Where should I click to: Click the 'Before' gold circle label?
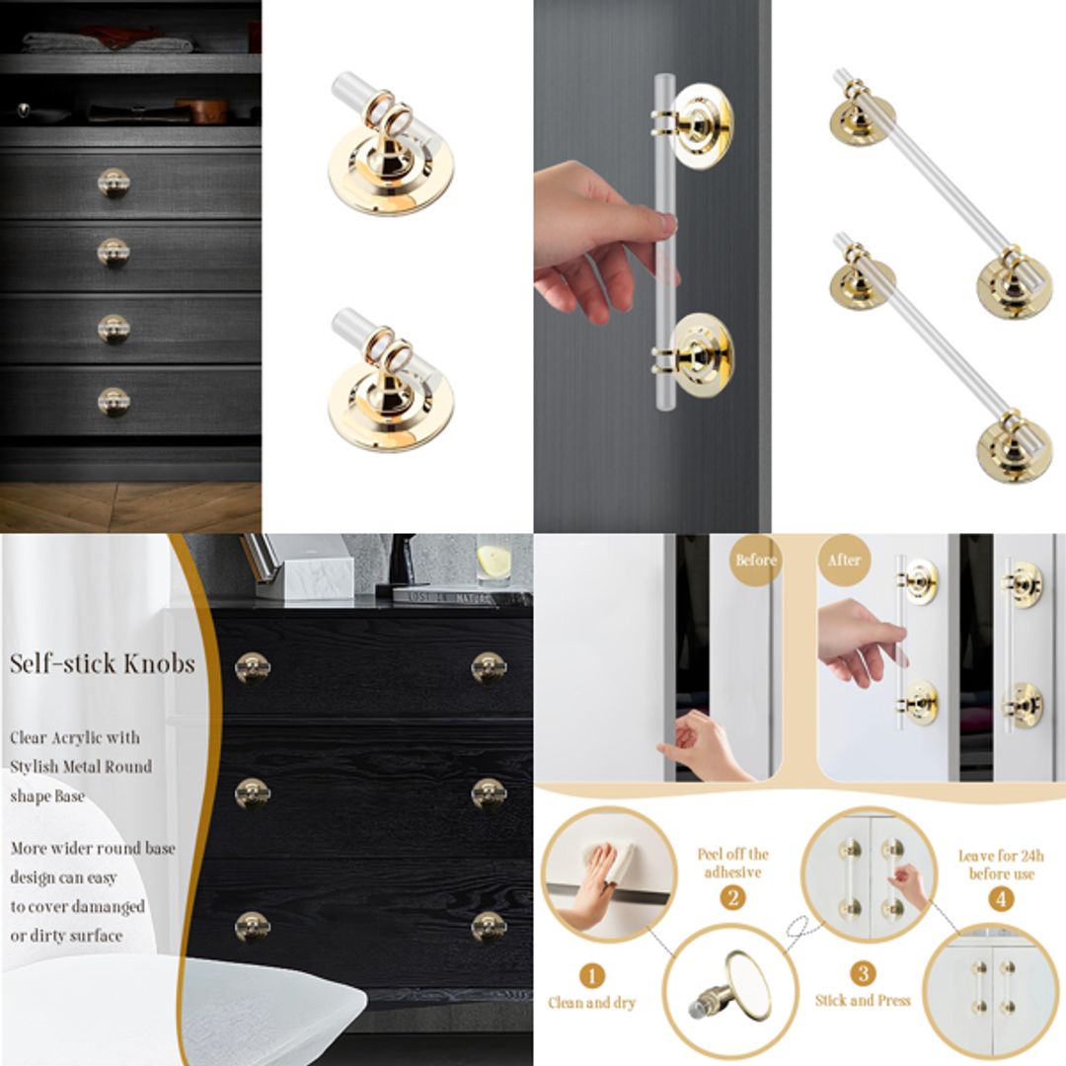click(x=756, y=561)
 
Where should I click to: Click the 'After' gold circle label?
click(x=844, y=561)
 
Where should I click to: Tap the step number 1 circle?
click(x=591, y=977)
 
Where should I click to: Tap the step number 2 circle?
click(x=732, y=898)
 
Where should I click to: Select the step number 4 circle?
click(x=1001, y=899)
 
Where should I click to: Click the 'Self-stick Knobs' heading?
click(x=103, y=663)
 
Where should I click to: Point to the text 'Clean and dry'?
click(x=592, y=1004)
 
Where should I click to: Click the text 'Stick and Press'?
click(x=863, y=1000)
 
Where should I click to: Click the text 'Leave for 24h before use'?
click(x=1001, y=865)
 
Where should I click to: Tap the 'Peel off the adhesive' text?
click(x=732, y=864)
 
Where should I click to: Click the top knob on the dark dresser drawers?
click(x=114, y=183)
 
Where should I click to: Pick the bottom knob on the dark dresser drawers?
click(x=114, y=401)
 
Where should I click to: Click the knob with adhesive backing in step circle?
click(x=727, y=987)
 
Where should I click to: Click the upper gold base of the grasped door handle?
click(x=699, y=125)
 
